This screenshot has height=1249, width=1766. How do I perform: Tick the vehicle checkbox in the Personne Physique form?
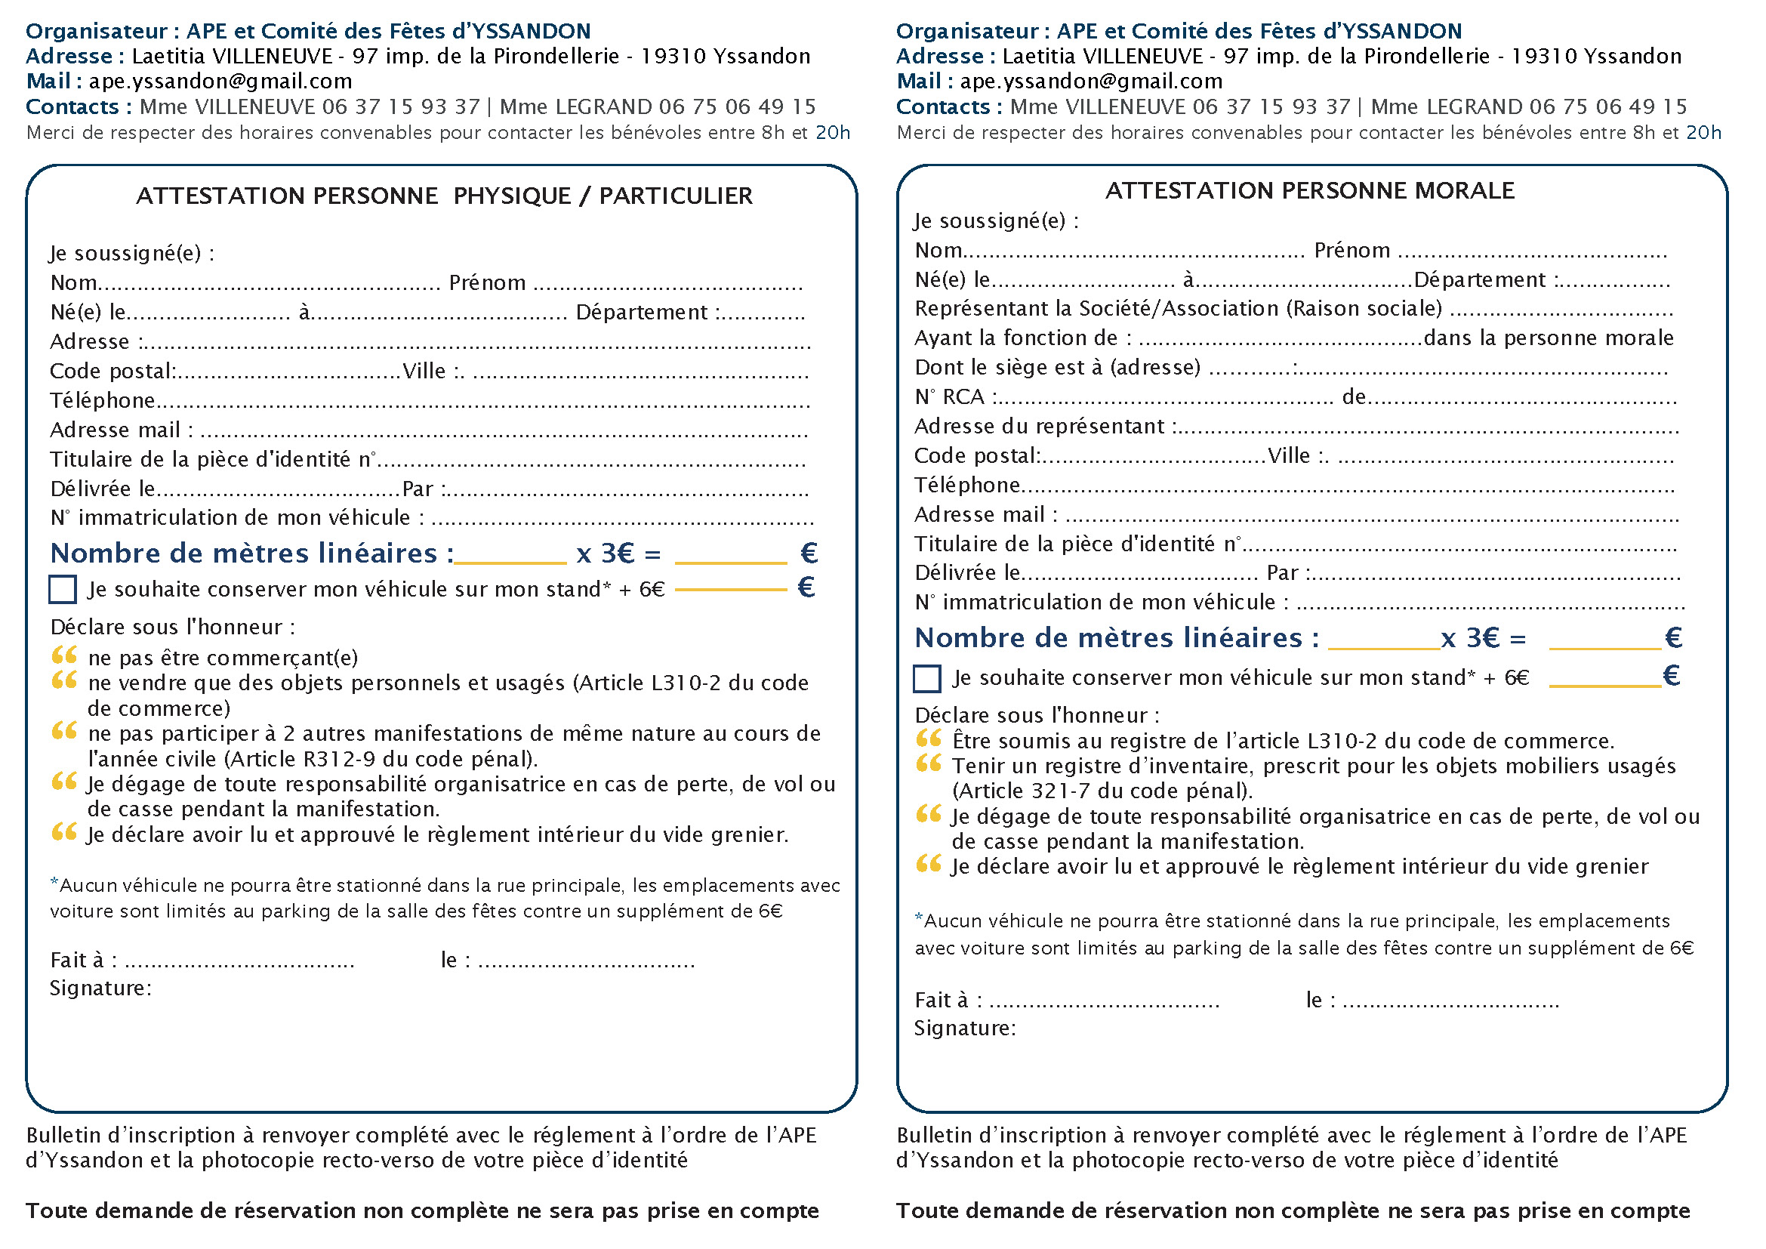[x=63, y=589]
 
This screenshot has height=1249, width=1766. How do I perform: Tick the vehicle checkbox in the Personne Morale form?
[x=927, y=678]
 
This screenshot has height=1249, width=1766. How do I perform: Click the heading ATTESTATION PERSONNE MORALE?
[x=1310, y=191]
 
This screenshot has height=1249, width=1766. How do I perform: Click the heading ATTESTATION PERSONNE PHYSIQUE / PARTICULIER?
[x=445, y=196]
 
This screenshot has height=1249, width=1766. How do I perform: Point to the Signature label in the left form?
[x=100, y=988]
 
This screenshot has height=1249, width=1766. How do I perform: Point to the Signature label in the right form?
[x=964, y=1028]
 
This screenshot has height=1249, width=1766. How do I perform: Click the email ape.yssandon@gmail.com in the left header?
[x=220, y=82]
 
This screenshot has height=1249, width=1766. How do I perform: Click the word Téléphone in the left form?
[x=102, y=401]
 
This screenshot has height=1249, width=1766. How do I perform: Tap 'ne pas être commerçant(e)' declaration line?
[x=223, y=658]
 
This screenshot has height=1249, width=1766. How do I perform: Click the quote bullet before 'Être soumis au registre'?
[x=929, y=740]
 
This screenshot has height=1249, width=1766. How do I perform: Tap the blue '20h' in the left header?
[x=832, y=133]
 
